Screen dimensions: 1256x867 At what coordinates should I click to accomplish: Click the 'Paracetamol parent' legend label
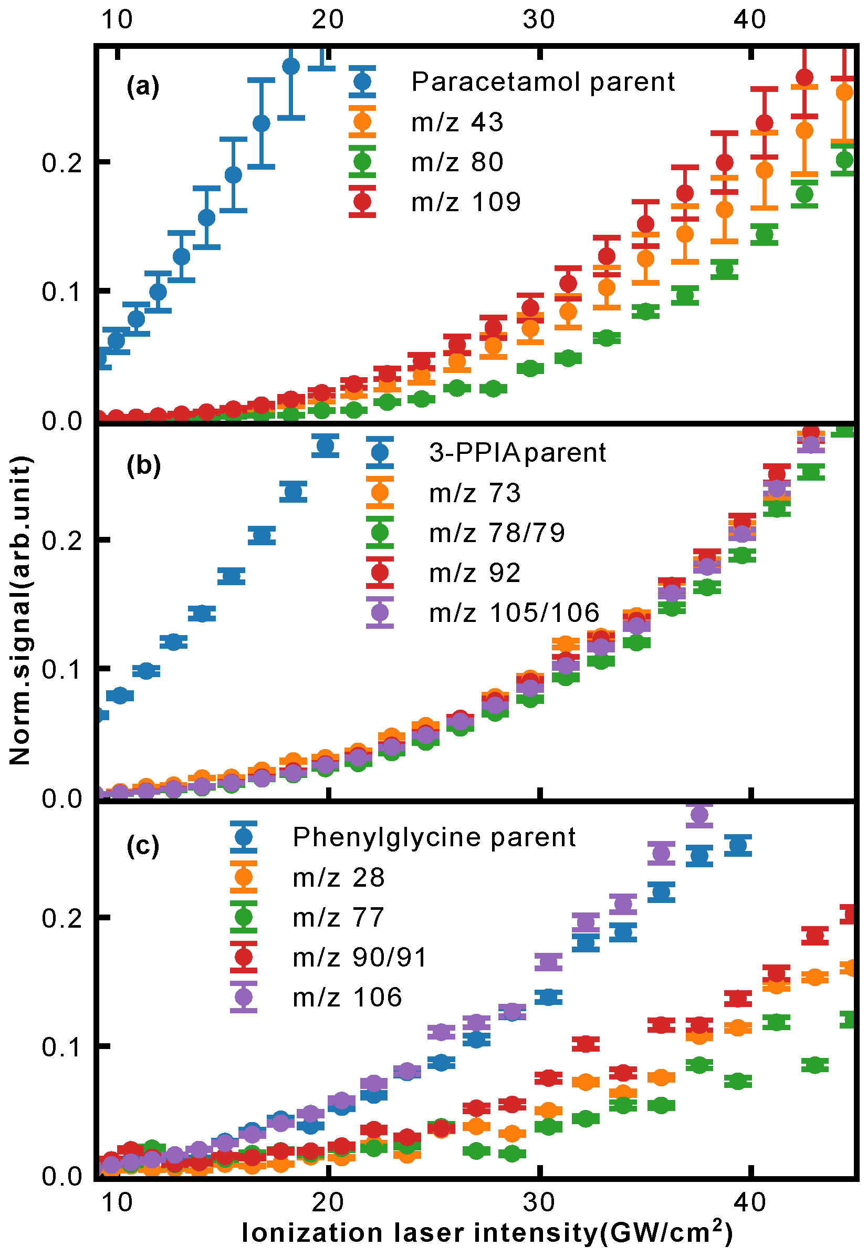click(542, 82)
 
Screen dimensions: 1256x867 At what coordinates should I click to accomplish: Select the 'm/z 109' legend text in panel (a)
click(466, 202)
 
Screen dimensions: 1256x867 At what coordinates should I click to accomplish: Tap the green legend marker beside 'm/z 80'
click(362, 162)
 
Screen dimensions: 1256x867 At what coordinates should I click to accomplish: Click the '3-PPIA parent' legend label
click(517, 452)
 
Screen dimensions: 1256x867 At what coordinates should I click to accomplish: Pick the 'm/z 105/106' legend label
click(514, 613)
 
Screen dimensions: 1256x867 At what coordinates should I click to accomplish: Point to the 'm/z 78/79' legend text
click(496, 533)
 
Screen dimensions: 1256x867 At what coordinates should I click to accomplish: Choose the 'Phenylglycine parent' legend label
click(434, 837)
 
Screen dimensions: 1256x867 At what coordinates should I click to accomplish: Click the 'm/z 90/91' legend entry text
click(360, 957)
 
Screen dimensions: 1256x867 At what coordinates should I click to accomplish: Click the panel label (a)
click(143, 86)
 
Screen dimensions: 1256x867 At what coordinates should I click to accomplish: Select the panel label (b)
click(143, 465)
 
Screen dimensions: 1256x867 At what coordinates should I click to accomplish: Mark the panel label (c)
click(143, 846)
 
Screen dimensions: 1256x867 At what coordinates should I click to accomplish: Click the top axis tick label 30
click(539, 19)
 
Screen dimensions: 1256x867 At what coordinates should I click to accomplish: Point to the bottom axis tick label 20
click(328, 1203)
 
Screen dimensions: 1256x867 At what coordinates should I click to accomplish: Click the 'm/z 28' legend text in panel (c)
click(338, 877)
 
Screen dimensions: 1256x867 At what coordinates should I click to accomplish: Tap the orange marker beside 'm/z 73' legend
click(380, 493)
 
